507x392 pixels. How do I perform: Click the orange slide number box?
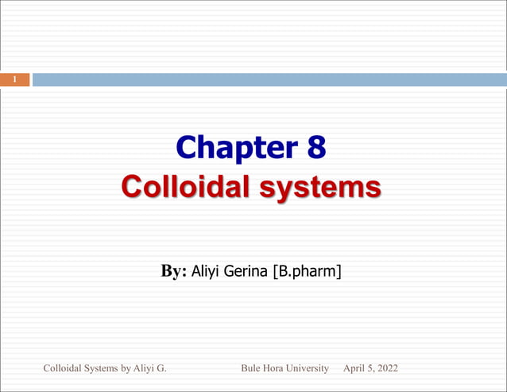[x=14, y=80]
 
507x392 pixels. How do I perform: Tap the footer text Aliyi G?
[x=152, y=368]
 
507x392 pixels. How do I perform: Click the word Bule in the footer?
[x=252, y=368]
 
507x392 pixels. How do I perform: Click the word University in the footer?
[x=311, y=368]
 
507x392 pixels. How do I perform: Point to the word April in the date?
[x=354, y=368]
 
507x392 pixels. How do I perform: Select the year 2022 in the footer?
[x=387, y=368]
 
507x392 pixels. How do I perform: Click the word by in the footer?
[x=131, y=368]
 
